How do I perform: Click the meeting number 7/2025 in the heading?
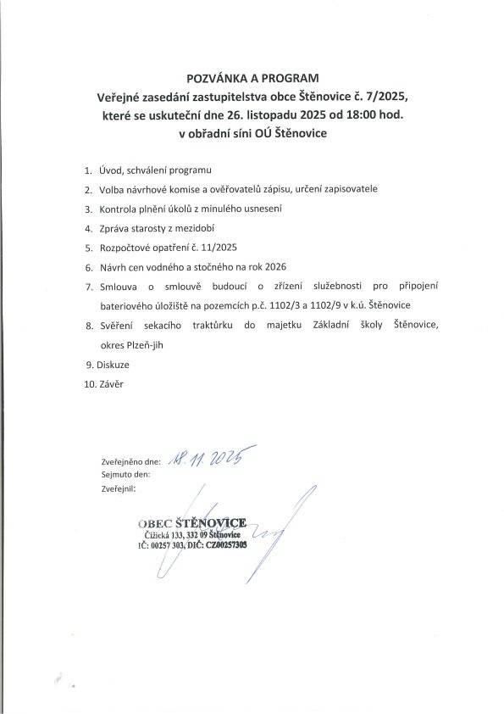click(386, 96)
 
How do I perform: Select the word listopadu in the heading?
click(274, 114)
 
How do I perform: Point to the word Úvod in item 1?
click(112, 171)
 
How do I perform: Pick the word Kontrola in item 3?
click(119, 209)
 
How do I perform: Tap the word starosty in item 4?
click(147, 228)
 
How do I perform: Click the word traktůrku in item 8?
click(211, 325)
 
